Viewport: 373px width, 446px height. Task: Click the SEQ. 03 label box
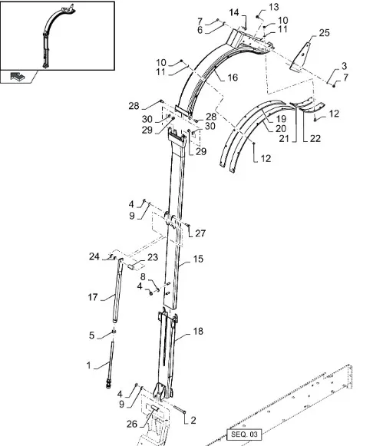click(x=244, y=434)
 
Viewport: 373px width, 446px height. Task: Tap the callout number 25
click(x=324, y=33)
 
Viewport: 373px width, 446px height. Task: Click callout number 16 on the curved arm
click(x=233, y=78)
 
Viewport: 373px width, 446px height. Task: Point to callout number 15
click(x=198, y=259)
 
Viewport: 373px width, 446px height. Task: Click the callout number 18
click(x=198, y=331)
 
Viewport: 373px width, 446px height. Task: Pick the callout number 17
click(x=93, y=297)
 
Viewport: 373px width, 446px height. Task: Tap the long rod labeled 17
click(x=117, y=290)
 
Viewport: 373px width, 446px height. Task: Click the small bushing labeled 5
click(x=114, y=332)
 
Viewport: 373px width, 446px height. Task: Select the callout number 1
click(x=89, y=365)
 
